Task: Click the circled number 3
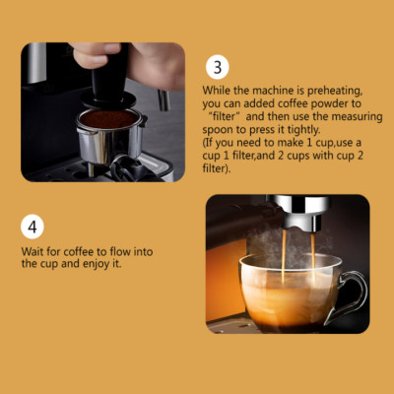point(219,68)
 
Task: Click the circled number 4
point(33,226)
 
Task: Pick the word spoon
point(220,129)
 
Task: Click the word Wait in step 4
point(32,251)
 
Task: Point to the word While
point(220,91)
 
